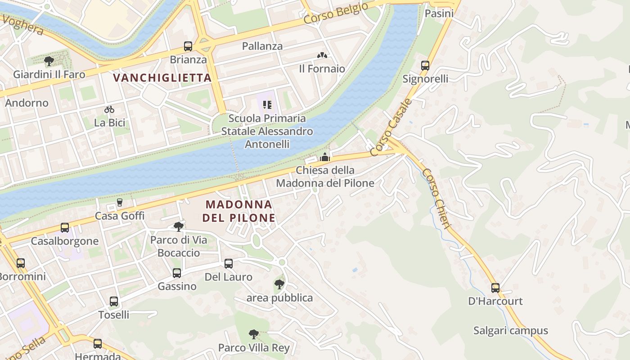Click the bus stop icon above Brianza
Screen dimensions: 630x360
click(188, 46)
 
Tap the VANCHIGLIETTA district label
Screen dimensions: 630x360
click(162, 78)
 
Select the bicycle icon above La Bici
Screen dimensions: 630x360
click(109, 109)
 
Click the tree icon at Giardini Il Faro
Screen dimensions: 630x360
click(49, 61)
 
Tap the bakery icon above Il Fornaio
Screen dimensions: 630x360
click(322, 55)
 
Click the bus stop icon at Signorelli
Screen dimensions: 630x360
click(425, 66)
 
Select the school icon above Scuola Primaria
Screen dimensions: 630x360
click(268, 105)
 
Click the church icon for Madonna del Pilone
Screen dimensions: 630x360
click(325, 157)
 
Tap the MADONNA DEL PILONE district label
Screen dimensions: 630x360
click(238, 211)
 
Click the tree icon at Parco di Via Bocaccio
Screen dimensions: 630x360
click(179, 226)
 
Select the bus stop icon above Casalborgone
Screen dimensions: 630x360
click(65, 228)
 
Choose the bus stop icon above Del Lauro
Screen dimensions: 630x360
click(229, 264)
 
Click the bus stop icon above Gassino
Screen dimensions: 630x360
click(177, 273)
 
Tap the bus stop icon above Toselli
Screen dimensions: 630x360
click(114, 301)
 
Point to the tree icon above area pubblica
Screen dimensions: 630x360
click(279, 284)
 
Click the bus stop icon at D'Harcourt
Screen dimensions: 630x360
click(495, 288)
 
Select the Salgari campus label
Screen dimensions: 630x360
click(510, 331)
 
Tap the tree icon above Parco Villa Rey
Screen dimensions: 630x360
click(254, 334)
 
